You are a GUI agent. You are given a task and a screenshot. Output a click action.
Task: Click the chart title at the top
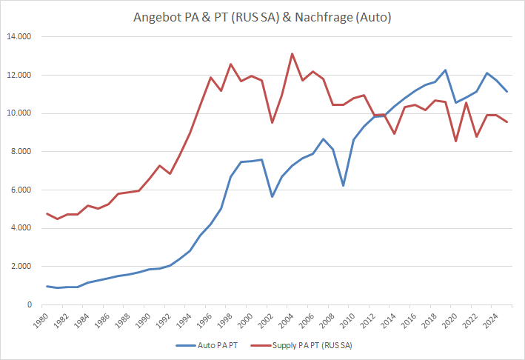[262, 16]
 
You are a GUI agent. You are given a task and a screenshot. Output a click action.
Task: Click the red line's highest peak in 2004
[292, 53]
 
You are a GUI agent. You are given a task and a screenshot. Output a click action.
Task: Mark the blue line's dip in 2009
[343, 185]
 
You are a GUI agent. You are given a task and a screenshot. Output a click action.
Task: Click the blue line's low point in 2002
[272, 196]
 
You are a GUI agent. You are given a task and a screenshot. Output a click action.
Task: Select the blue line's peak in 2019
[445, 70]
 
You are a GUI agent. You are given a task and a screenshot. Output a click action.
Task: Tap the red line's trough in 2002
[272, 122]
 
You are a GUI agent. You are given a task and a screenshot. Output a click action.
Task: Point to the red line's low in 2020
[456, 141]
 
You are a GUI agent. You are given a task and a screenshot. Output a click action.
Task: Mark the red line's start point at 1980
[47, 213]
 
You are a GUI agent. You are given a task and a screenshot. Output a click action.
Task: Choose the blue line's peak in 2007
[323, 139]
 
